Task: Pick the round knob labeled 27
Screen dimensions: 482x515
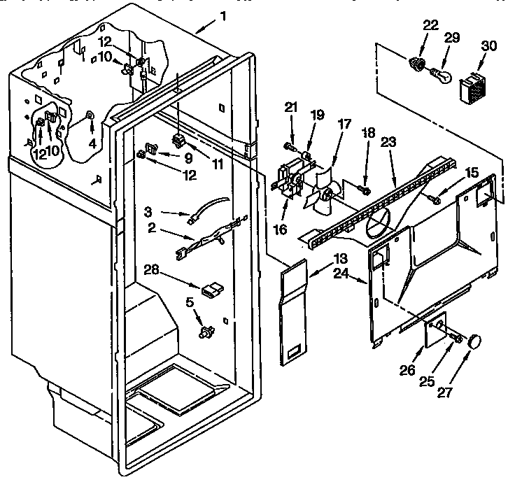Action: click(x=477, y=341)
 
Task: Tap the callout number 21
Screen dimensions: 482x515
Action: click(x=292, y=107)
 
